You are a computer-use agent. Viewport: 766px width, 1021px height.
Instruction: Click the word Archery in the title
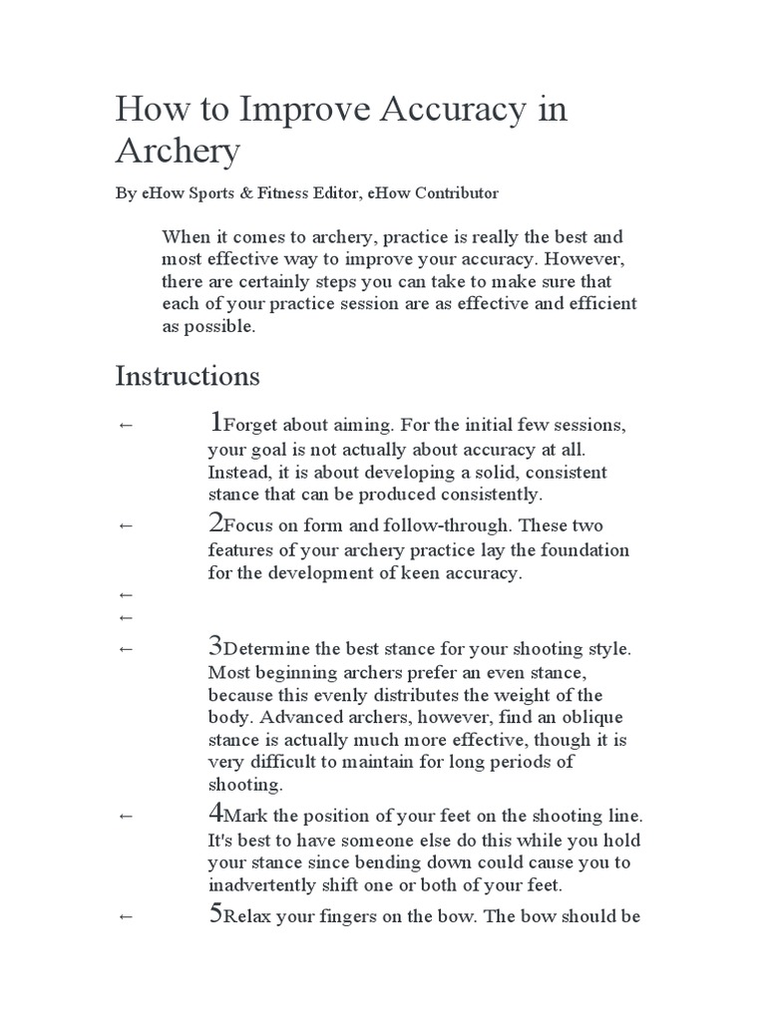178,152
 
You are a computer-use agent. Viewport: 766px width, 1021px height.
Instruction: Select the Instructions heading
188,377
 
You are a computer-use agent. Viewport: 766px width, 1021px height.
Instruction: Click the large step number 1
214,423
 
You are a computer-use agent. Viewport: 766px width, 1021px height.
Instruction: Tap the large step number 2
214,521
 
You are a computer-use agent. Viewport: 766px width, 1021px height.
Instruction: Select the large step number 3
214,645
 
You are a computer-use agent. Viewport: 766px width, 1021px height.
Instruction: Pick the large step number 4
214,813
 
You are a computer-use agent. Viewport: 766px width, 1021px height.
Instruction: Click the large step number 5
214,913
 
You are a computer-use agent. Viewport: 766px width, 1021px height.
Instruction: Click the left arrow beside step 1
125,426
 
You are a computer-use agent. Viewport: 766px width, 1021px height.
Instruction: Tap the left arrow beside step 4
125,816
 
